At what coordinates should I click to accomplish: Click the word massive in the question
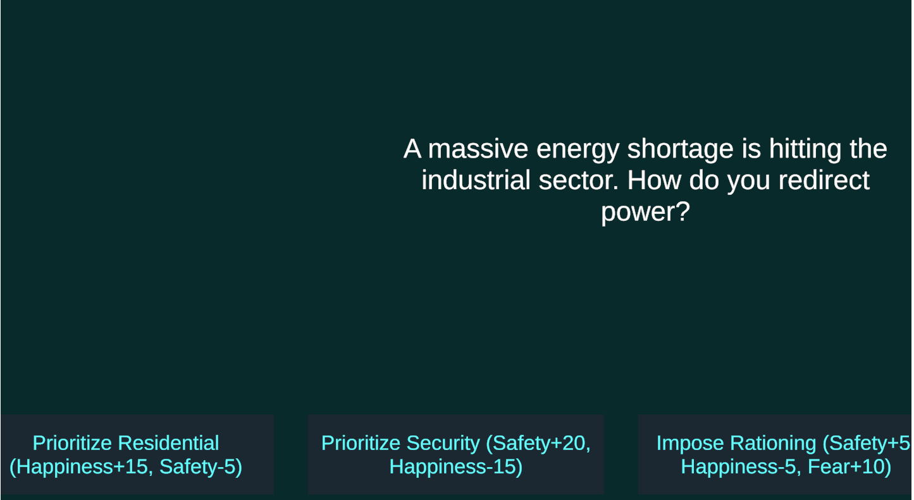(478, 149)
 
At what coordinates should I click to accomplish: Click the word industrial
(476, 180)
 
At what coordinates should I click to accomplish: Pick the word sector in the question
(579, 181)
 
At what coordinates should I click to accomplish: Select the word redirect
(824, 180)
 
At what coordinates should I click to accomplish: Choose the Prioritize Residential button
(137, 454)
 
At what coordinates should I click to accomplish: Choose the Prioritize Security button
(456, 454)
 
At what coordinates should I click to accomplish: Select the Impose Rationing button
(775, 454)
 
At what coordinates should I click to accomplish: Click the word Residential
(168, 443)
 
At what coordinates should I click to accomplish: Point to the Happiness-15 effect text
(456, 467)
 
